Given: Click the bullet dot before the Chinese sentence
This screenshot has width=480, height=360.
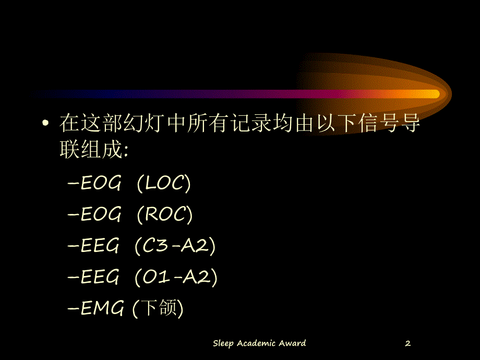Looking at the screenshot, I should (x=46, y=124).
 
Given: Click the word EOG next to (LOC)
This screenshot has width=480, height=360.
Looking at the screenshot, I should (x=101, y=183).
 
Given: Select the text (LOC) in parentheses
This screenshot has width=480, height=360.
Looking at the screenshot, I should (x=164, y=183).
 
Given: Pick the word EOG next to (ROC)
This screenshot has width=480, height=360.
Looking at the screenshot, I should (x=101, y=214).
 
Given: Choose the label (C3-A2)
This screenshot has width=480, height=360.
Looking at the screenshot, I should (x=175, y=246).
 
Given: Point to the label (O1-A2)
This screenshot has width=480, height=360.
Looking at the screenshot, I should (x=176, y=277).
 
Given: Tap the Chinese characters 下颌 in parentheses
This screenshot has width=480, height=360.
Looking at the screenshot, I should (x=158, y=309).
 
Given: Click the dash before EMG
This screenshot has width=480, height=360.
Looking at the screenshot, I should (x=73, y=309).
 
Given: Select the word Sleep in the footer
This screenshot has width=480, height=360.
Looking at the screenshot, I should (x=223, y=343).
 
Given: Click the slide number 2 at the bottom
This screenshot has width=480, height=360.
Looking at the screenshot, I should (x=408, y=343).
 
